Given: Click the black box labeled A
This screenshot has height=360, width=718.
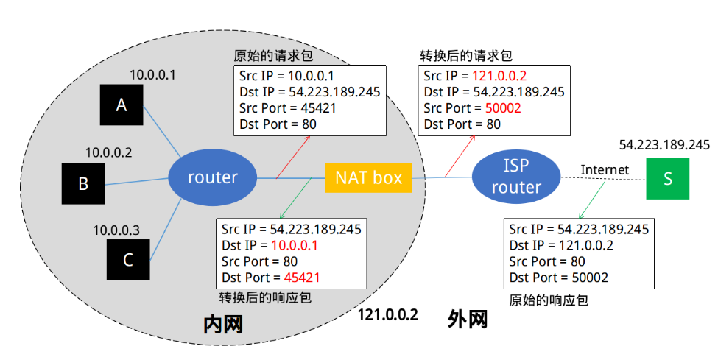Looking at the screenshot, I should (122, 105).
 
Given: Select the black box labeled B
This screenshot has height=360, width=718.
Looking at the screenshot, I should (83, 183).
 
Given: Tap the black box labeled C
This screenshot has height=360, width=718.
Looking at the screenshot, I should (128, 260).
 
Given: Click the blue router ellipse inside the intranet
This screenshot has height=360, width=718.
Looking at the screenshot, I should (213, 177).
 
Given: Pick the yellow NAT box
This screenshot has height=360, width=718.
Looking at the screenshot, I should (368, 177).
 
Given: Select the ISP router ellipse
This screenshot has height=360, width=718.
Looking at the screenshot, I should (516, 177).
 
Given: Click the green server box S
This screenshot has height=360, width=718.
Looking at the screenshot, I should (668, 178).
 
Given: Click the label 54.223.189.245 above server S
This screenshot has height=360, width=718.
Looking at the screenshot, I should (664, 144).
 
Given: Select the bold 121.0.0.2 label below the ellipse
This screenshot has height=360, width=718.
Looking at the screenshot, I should (388, 315).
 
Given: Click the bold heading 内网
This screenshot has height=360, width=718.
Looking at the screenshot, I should (223, 324).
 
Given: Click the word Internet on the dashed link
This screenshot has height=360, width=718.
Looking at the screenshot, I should (605, 170).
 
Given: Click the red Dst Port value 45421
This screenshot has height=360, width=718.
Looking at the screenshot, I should (302, 277).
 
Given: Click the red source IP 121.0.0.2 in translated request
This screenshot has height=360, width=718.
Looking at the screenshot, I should (500, 76).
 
